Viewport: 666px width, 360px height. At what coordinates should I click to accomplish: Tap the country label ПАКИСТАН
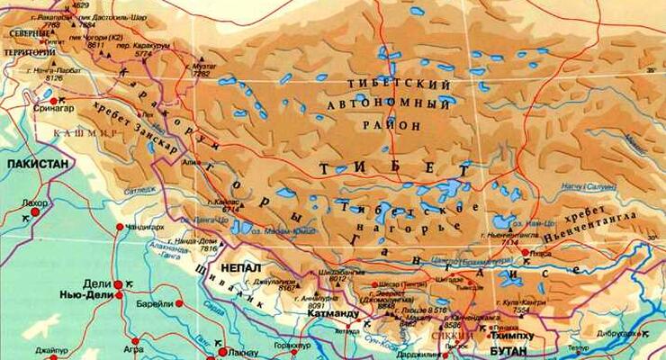click(37, 165)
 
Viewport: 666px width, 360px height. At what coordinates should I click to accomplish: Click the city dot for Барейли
click(178, 304)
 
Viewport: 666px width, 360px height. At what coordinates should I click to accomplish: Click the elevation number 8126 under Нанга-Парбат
click(55, 78)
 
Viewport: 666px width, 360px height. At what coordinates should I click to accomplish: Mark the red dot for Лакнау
click(227, 346)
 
